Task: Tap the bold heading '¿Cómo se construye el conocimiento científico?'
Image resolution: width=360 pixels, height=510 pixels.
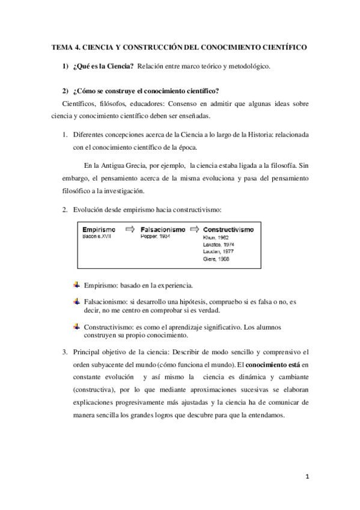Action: (x=145, y=91)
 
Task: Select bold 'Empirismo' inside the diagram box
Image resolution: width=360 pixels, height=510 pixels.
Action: (x=100, y=230)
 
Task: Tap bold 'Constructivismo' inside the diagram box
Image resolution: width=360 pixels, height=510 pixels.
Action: (x=228, y=230)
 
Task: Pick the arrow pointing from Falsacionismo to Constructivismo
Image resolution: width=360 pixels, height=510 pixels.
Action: (x=194, y=229)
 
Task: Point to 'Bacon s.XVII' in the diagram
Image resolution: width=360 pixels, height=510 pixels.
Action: (x=98, y=237)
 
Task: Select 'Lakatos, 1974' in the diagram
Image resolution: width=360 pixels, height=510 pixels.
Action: (x=220, y=244)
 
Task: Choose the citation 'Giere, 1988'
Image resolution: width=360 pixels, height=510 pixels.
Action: (x=218, y=259)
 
